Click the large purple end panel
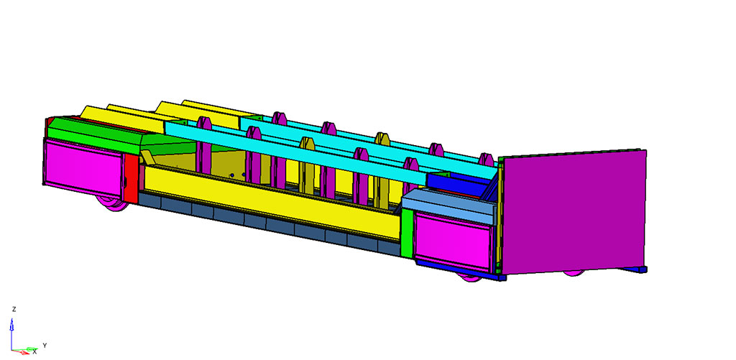574,212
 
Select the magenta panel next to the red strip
83,167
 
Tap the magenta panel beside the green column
453,240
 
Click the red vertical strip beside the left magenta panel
132,177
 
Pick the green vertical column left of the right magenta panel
407,233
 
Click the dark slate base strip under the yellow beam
270,223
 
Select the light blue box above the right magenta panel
448,206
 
